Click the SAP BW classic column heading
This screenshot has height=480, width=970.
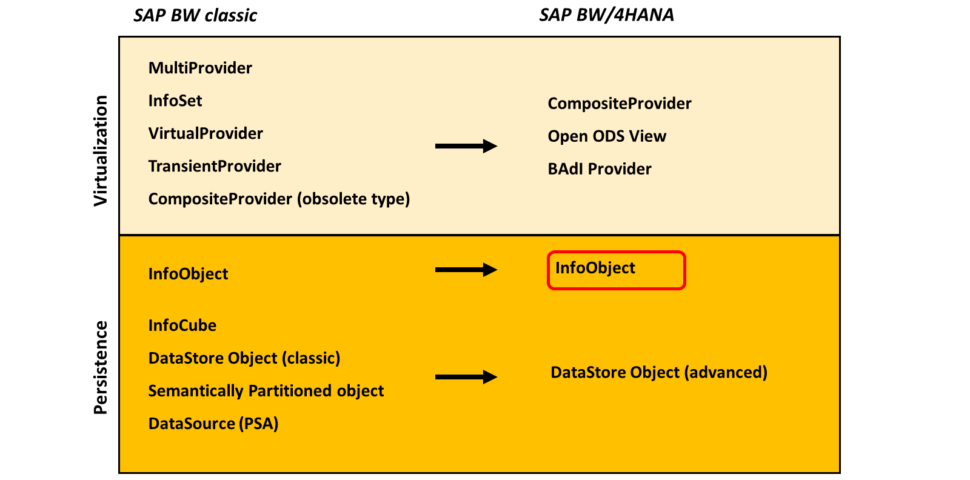tap(195, 16)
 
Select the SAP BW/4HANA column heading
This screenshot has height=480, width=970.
tap(606, 15)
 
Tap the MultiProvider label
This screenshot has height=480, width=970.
tap(200, 68)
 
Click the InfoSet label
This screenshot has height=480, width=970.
tap(175, 101)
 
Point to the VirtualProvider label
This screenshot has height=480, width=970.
tap(206, 133)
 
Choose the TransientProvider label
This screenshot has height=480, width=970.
tap(215, 166)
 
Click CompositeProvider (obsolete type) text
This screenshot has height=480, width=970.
tap(279, 199)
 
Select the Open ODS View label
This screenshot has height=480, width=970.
tap(607, 136)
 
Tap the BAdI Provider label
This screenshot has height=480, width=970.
tap(600, 169)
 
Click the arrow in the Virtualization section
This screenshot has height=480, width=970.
tap(466, 146)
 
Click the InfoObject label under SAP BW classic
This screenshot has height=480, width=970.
tap(188, 274)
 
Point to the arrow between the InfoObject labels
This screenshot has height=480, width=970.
tap(466, 270)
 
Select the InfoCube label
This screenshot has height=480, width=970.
tap(182, 325)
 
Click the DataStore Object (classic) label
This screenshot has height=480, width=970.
tap(244, 358)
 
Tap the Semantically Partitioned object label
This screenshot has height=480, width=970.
tap(266, 391)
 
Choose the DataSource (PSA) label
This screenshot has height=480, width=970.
tap(213, 424)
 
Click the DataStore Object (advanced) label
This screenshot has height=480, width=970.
tap(659, 373)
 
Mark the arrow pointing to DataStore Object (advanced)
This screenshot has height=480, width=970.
tap(466, 377)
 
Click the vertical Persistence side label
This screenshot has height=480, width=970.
tap(101, 367)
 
